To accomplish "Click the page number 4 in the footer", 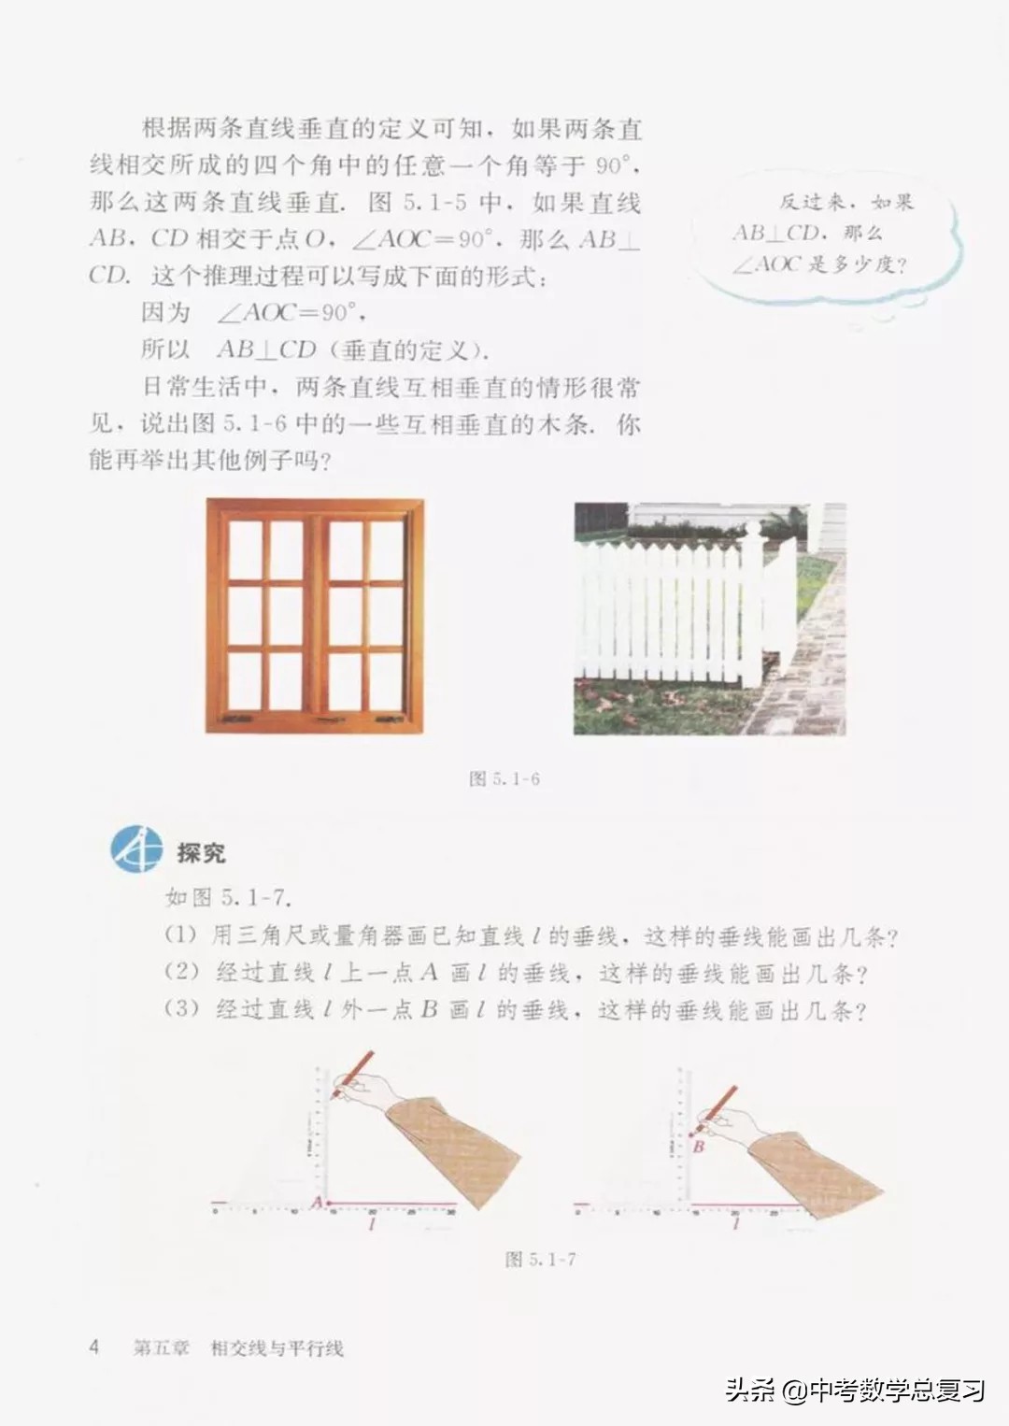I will click(93, 1347).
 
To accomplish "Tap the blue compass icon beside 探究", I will click(136, 849).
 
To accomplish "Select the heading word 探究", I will click(201, 852).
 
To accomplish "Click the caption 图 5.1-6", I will click(504, 777).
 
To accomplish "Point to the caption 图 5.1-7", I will click(540, 1259).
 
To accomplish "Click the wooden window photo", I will click(315, 615).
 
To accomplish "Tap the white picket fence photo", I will click(709, 618).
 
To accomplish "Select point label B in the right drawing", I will click(698, 1146).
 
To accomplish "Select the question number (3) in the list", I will click(181, 1009).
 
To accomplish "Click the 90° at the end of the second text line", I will click(615, 166).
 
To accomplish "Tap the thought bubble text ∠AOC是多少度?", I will click(819, 264).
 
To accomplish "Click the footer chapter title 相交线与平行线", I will click(277, 1348).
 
